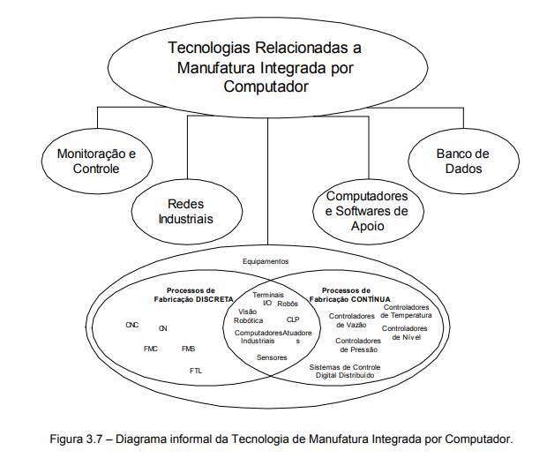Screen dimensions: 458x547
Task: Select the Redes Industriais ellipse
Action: click(186, 211)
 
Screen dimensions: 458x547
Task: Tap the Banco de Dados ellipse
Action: click(461, 160)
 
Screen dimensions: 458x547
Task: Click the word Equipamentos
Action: click(266, 261)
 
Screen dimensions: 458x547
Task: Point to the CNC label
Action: click(132, 325)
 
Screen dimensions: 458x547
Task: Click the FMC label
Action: click(151, 349)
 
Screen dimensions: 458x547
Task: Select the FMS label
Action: click(188, 349)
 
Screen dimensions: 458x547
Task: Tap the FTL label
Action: click(195, 371)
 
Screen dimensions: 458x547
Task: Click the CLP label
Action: click(294, 319)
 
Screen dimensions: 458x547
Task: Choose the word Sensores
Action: click(271, 357)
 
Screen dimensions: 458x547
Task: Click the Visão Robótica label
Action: click(249, 316)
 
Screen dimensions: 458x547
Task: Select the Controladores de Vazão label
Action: click(351, 319)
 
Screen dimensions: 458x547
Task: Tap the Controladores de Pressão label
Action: click(358, 345)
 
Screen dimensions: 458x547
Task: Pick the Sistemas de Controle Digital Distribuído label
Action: click(346, 371)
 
